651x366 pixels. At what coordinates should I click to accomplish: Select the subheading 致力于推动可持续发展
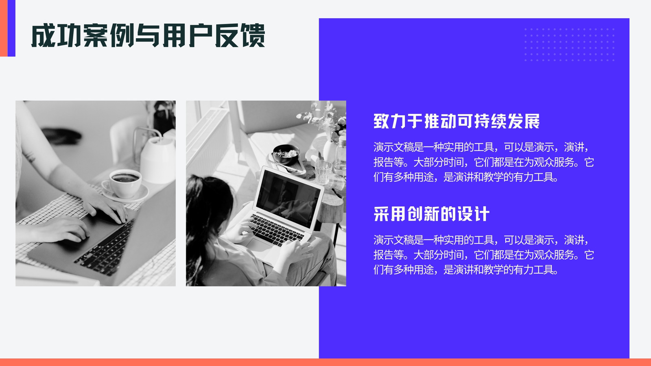click(x=457, y=121)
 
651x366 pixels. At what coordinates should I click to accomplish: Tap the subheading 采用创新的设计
click(x=431, y=214)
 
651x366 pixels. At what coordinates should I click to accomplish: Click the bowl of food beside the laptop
click(x=286, y=154)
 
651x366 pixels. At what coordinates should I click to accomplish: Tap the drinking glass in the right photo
click(x=323, y=171)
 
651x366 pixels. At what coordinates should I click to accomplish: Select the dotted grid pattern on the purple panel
click(x=569, y=44)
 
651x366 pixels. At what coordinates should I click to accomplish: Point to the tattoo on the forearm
click(x=30, y=157)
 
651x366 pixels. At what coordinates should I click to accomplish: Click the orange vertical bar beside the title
click(x=4, y=28)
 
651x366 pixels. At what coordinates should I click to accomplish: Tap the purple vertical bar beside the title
click(x=12, y=28)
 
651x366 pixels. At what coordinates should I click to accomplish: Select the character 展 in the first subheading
click(x=532, y=121)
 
